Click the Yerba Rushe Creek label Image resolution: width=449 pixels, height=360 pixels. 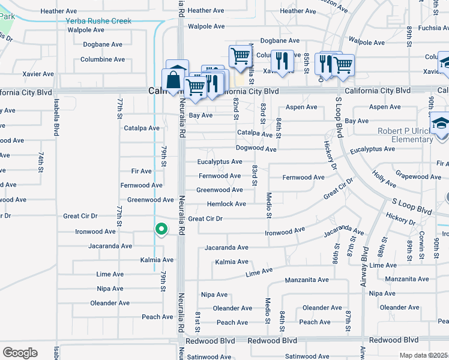(x=98, y=21)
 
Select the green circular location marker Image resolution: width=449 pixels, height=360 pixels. (x=161, y=229)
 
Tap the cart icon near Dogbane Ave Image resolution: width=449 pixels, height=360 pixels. (x=240, y=56)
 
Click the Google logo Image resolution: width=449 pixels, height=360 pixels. (x=20, y=353)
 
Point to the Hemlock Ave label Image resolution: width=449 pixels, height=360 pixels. (x=226, y=204)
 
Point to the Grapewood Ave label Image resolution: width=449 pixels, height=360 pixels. (x=418, y=177)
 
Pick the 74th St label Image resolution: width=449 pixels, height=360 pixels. (x=41, y=162)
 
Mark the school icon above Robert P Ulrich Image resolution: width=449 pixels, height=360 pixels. (x=441, y=122)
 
